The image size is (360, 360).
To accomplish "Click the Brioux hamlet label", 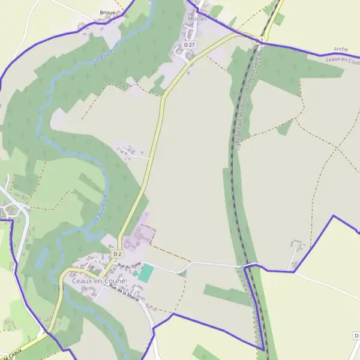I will click(107, 12).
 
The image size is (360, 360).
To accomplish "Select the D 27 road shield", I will click(189, 45).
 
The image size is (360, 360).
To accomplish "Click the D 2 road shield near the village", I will click(118, 254).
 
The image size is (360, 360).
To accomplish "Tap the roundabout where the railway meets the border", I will click(259, 41).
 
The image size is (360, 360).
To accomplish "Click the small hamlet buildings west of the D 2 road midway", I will click(129, 151).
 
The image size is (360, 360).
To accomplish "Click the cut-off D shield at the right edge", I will click(356, 335).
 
